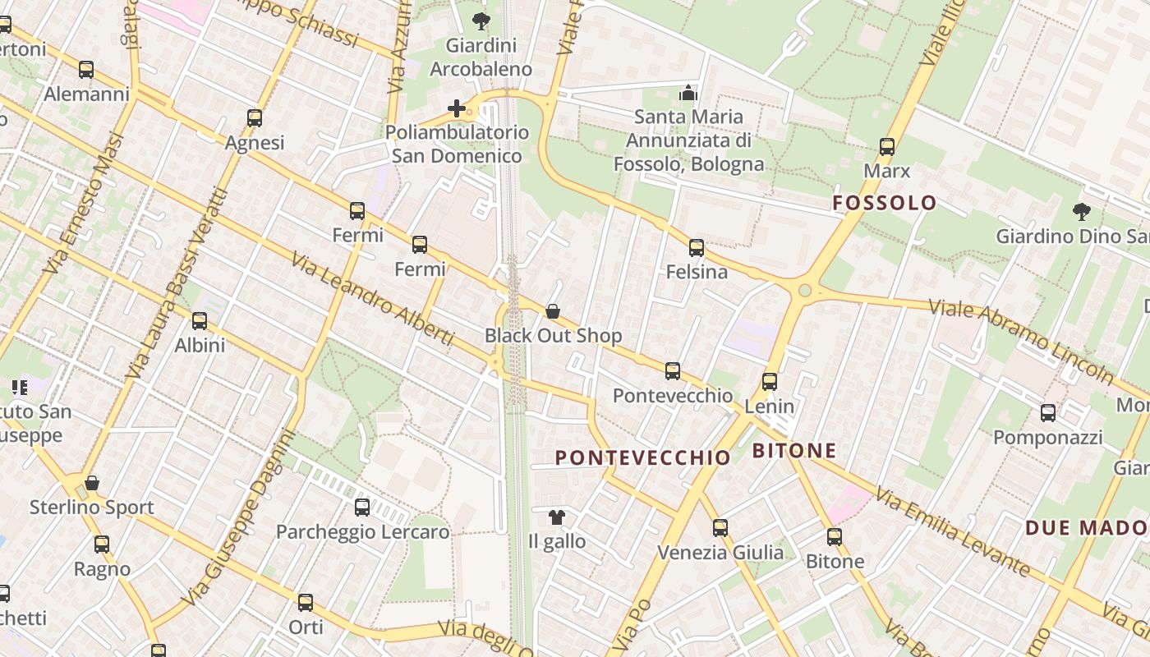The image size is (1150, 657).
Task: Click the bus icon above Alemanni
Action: click(x=86, y=70)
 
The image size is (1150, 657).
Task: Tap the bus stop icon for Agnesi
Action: click(x=255, y=118)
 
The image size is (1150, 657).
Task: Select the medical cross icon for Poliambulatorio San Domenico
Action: click(x=457, y=108)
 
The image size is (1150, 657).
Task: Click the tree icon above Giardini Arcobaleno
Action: click(x=481, y=21)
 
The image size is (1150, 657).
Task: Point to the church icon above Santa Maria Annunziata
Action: click(x=688, y=93)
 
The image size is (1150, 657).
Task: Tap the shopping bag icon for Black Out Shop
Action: click(x=553, y=311)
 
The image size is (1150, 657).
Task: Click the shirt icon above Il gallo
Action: click(x=557, y=517)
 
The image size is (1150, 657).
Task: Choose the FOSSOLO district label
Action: click(x=884, y=203)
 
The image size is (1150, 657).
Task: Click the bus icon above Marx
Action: click(x=887, y=147)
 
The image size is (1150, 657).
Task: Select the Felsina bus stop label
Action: click(x=697, y=272)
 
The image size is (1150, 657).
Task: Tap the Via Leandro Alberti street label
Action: click(x=372, y=298)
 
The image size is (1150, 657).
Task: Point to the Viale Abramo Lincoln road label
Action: click(x=1022, y=341)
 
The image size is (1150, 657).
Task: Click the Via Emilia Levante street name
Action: click(x=952, y=531)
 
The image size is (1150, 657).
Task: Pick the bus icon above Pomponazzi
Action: click(x=1048, y=412)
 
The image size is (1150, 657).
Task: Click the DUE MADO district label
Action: click(x=1086, y=527)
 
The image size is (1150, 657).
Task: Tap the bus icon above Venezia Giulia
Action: click(x=720, y=528)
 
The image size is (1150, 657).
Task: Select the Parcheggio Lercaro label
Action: click(x=362, y=532)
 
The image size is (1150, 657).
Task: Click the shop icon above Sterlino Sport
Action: click(x=92, y=483)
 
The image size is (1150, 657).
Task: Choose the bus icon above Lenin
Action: click(x=770, y=381)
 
